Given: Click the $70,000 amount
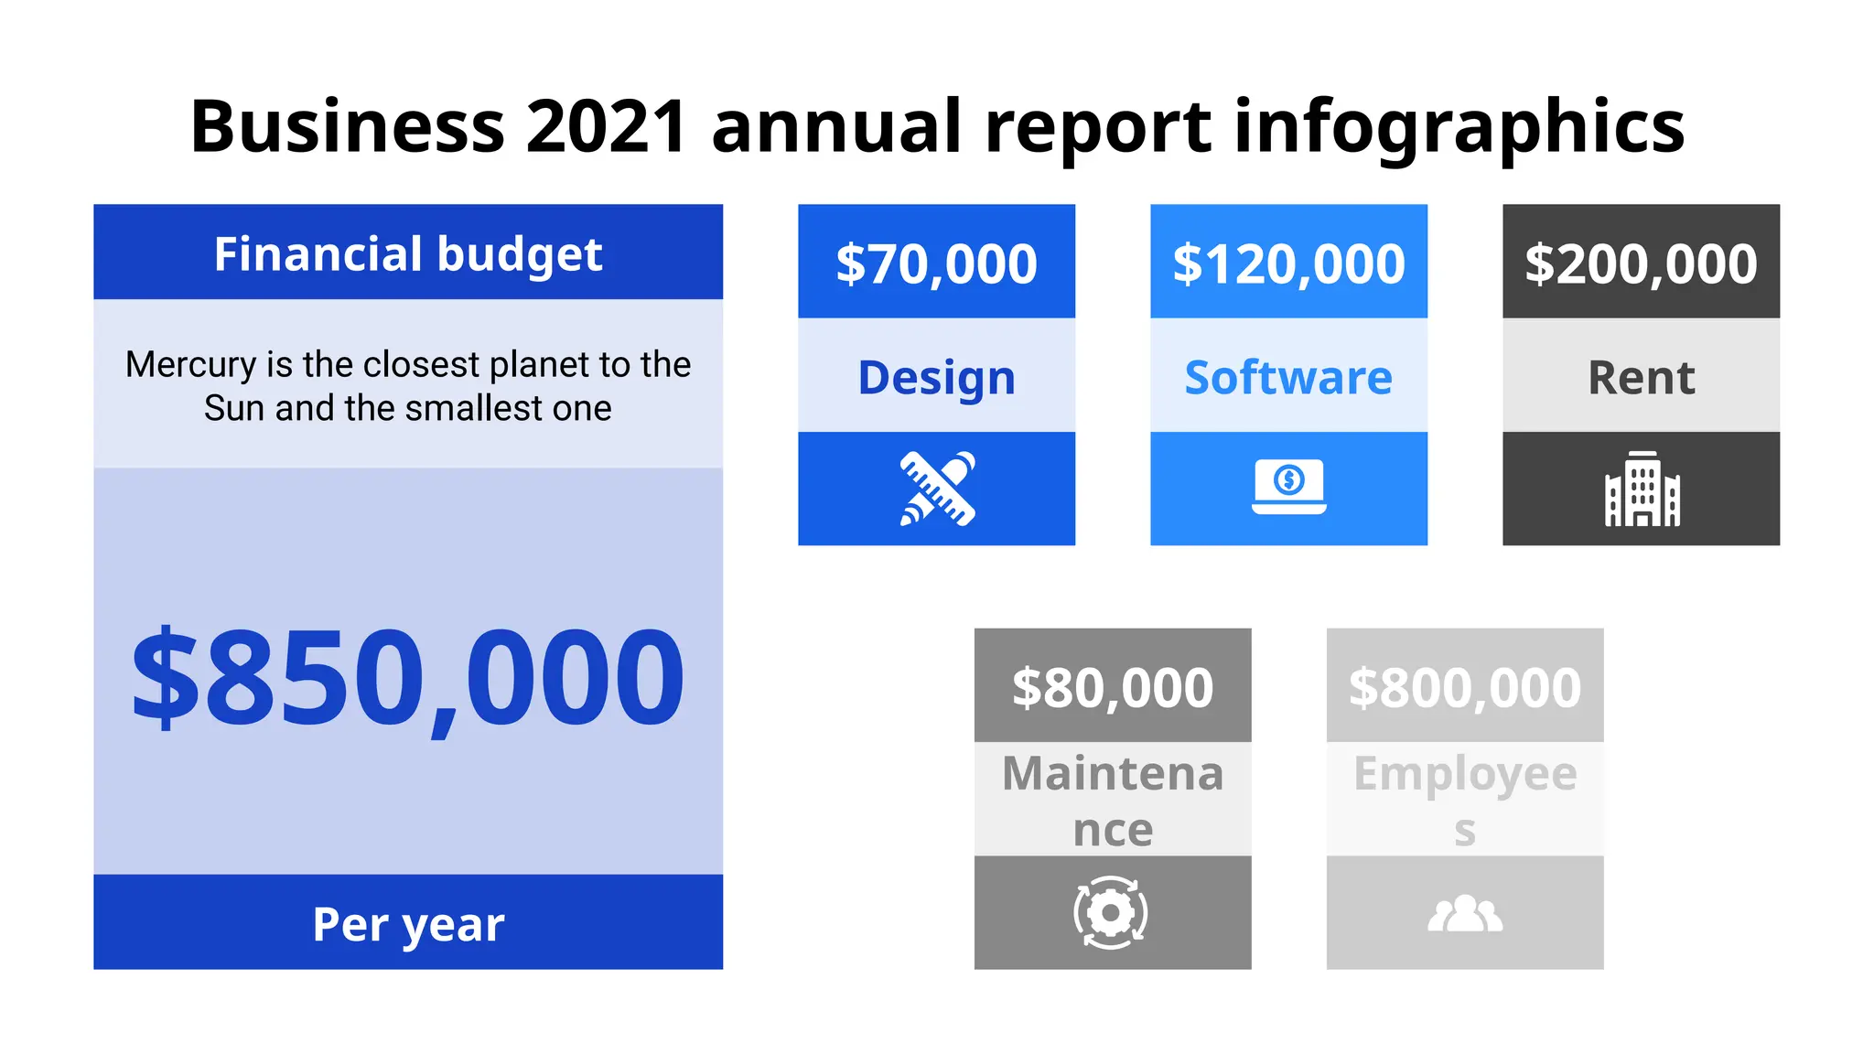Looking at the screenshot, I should coord(936,263).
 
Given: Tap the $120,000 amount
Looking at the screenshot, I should coord(1288,263).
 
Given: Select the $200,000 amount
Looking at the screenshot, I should coord(1641,263).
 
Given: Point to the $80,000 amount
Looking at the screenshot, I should coord(1112,687).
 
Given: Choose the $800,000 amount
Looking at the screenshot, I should coord(1464,687).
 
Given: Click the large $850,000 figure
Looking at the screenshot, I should coord(408,677).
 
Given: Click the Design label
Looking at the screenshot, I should coord(936,377).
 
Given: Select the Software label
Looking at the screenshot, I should coord(1288,377).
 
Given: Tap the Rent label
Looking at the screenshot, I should coord(1641,377).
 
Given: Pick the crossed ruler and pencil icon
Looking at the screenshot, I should coord(937,489).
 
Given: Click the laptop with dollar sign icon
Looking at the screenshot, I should coord(1288,486).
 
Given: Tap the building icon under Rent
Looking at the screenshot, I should coord(1642,489).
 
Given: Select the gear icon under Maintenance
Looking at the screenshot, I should coord(1111,912).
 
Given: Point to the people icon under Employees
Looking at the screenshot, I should coord(1464,913).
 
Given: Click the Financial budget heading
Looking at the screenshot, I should coord(408,253).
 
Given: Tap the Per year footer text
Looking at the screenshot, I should coord(408,923).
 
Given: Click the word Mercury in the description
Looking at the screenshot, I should coord(190,365).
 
